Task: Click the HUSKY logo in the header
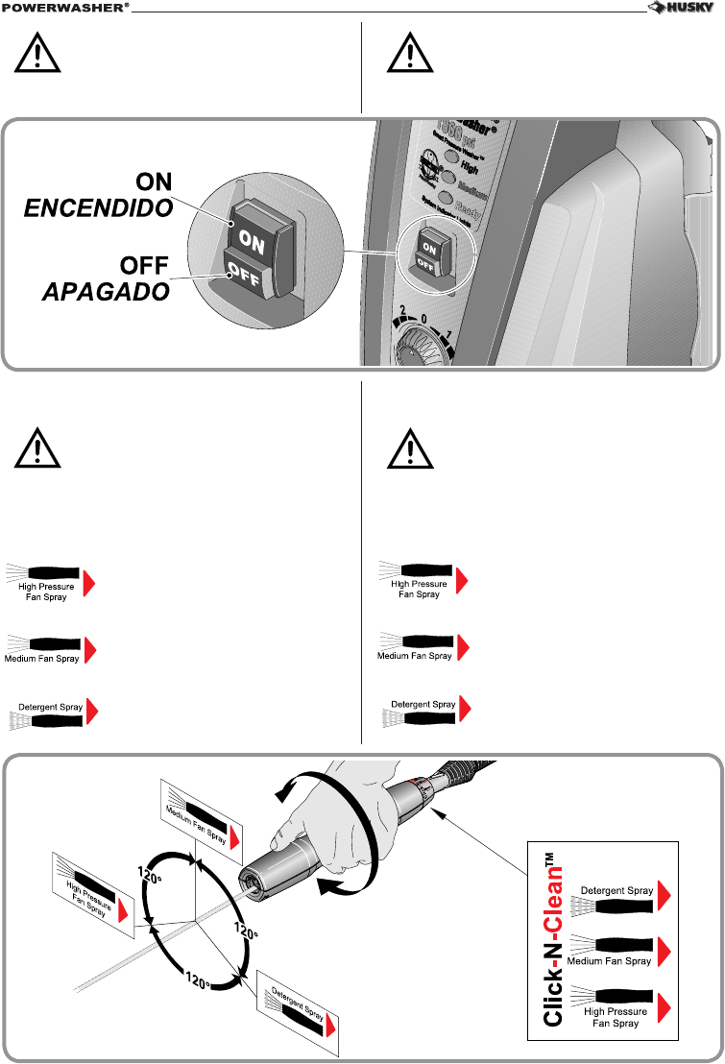coord(684,11)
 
